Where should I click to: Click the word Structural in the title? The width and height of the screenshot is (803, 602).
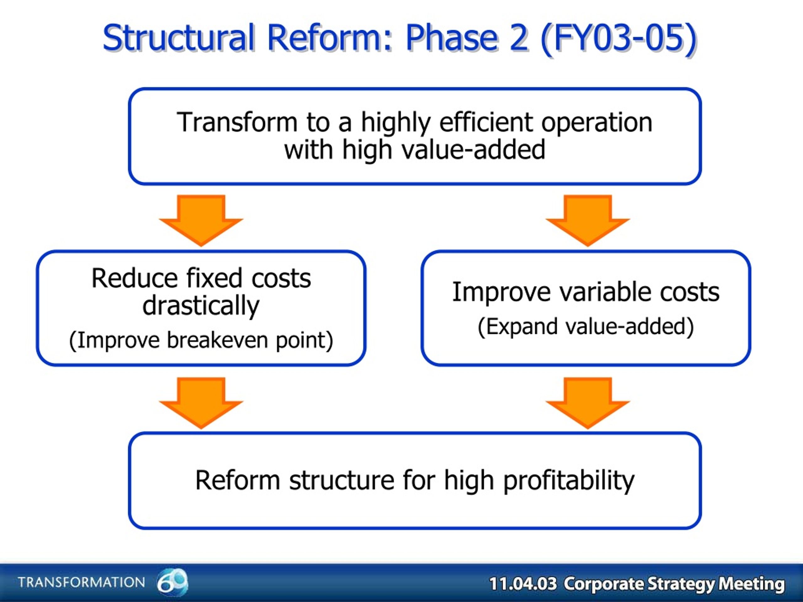(178, 38)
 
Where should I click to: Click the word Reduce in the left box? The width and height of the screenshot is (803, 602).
(134, 278)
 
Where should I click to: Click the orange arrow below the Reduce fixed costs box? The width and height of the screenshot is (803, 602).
(201, 403)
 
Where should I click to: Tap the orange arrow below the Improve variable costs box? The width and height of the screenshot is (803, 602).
(588, 403)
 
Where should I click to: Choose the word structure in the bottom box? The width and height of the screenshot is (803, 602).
(342, 480)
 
